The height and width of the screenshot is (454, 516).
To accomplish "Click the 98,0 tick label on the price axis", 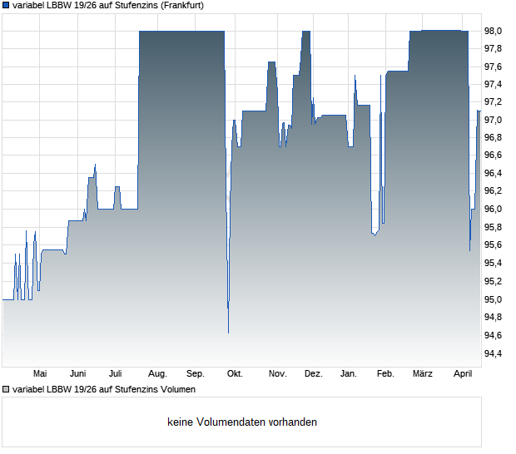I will (494, 31).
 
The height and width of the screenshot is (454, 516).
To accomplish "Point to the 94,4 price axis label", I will (494, 353).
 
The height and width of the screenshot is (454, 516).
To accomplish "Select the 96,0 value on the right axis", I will (494, 210).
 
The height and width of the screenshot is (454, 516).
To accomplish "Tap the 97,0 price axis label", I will (494, 121).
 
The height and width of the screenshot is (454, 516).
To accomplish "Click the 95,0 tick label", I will (494, 299).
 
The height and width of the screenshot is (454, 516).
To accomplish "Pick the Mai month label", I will (39, 374).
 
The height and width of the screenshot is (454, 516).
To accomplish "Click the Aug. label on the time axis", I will (157, 374).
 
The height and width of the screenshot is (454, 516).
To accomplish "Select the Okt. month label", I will (235, 374).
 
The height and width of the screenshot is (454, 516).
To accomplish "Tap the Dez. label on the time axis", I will (313, 374).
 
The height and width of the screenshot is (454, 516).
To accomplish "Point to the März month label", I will (423, 374).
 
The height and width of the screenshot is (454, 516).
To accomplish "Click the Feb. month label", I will (385, 374).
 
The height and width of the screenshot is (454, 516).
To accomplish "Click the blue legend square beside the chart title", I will (6, 5).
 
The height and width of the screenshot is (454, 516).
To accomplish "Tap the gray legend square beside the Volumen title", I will (6, 389).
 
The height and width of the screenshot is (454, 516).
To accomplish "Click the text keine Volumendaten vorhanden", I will (241, 422).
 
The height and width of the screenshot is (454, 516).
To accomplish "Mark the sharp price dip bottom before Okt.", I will (228, 332).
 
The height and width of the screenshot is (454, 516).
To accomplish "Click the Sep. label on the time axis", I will (196, 374).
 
